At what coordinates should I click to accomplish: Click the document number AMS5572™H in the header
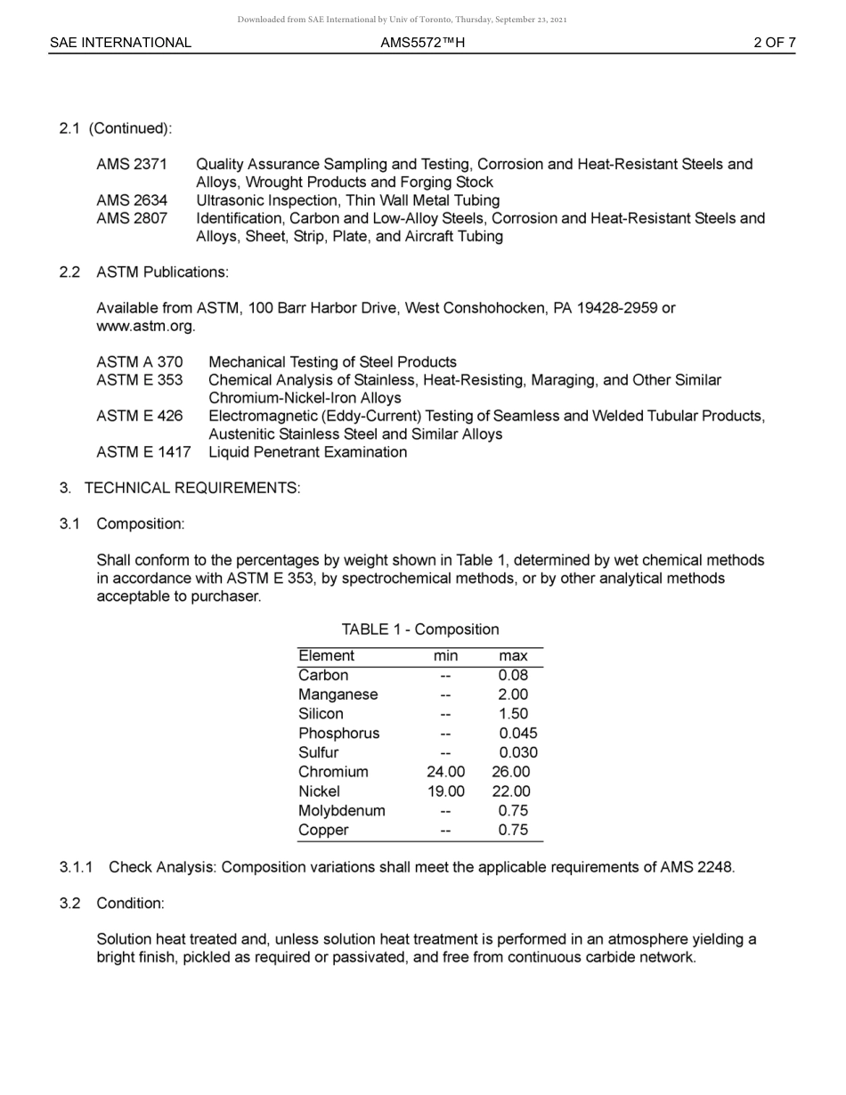click(422, 43)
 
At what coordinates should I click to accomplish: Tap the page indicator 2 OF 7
click(774, 43)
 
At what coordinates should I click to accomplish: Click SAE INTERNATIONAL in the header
click(120, 43)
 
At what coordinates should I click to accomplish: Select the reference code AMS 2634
click(132, 200)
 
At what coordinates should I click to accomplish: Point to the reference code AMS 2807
click(132, 218)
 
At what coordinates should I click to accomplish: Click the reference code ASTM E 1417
click(143, 452)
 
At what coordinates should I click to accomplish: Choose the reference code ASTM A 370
click(140, 362)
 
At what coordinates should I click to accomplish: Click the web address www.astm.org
click(145, 326)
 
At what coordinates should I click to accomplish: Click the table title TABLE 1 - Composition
click(420, 629)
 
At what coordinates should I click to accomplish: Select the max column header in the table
click(514, 656)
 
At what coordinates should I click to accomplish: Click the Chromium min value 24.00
click(445, 772)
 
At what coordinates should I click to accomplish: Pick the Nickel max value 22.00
click(511, 791)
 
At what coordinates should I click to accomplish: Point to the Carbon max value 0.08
click(513, 676)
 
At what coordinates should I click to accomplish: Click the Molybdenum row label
click(342, 811)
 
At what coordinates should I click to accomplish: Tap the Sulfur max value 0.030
click(518, 752)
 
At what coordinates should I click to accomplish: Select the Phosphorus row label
click(338, 734)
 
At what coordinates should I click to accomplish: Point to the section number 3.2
click(70, 904)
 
